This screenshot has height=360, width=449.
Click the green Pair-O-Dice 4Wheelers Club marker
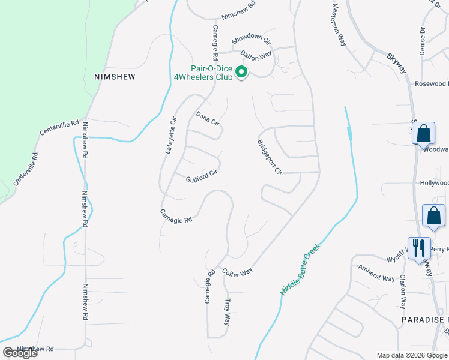241,73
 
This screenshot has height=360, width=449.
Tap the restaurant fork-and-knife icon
418,247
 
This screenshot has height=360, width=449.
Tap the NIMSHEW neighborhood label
115,77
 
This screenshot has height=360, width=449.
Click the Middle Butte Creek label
301,269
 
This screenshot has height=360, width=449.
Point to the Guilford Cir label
201,176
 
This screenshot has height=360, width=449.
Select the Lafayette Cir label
172,136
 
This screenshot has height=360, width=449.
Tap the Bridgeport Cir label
270,157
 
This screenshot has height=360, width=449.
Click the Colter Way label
237,272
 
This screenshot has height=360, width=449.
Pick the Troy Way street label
227,312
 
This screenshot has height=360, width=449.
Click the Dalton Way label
253,55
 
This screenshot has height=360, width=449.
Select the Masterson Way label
339,23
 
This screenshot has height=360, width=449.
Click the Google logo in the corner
20,353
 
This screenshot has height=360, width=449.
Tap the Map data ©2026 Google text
412,355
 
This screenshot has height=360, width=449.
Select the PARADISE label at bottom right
426,320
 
